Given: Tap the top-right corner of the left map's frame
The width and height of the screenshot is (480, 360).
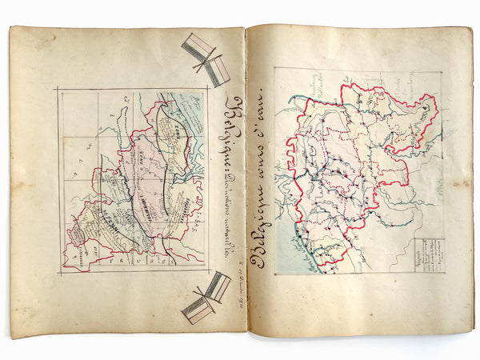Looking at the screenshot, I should pyautogui.click(x=206, y=89).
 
